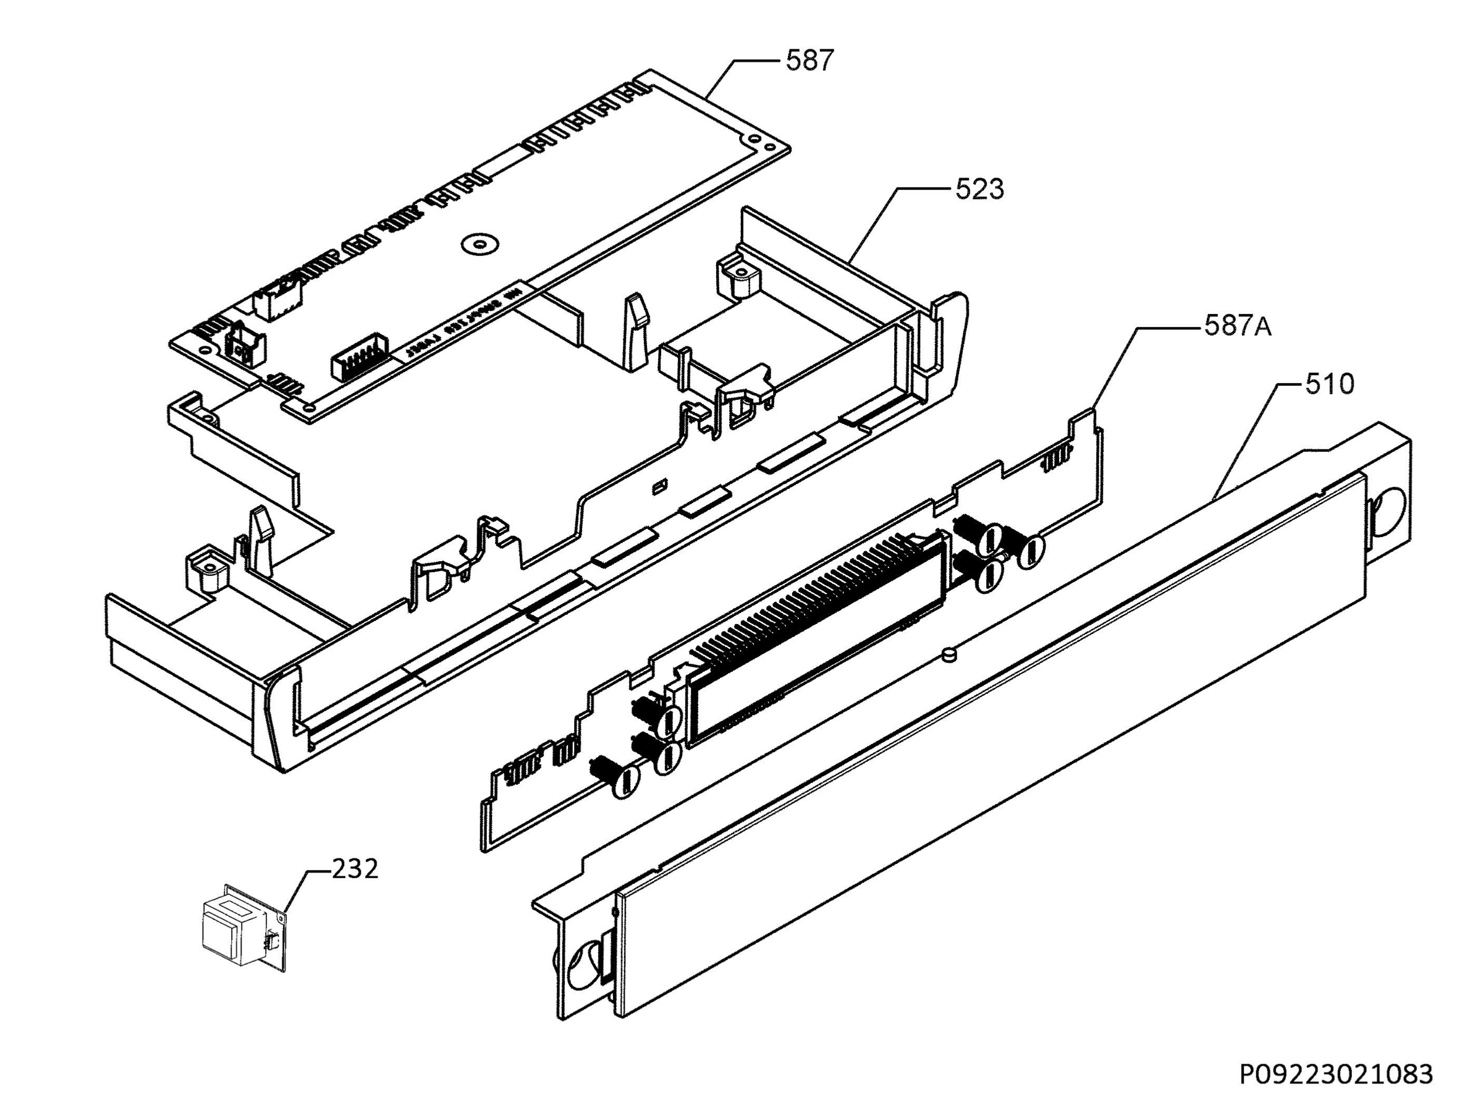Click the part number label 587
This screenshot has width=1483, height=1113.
click(x=809, y=62)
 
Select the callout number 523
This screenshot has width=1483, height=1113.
click(x=979, y=190)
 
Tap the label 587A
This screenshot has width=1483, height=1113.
click(x=1238, y=327)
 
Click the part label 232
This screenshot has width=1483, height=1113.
click(x=355, y=869)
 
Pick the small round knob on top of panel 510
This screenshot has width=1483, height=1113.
click(x=949, y=655)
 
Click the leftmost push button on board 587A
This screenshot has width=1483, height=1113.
click(x=623, y=780)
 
